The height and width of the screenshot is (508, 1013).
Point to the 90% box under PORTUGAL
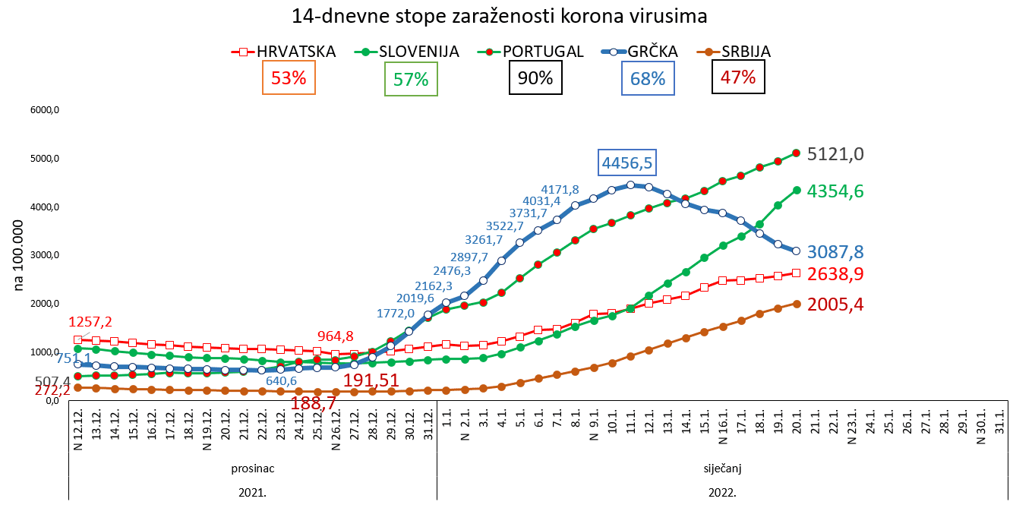536,77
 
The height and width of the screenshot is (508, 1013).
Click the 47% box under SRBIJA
738,77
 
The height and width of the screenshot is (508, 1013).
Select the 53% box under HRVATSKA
289,78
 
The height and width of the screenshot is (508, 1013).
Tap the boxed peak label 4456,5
627,162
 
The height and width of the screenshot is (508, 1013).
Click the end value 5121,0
835,154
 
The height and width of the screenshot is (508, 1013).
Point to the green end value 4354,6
835,191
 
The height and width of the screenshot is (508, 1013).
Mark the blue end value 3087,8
835,252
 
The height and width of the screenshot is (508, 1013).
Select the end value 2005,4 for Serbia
835,304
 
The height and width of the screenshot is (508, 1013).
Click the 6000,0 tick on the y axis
45,110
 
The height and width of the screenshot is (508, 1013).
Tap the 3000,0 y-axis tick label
45,255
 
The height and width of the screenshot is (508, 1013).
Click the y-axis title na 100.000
20,256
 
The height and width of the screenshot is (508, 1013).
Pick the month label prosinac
253,468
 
